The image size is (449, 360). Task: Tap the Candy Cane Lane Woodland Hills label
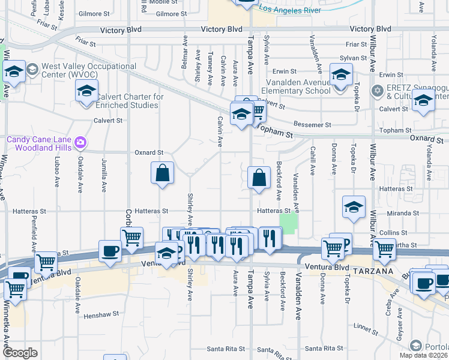click(x=38, y=143)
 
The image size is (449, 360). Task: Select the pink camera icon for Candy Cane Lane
click(x=80, y=143)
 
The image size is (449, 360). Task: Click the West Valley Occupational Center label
click(x=80, y=70)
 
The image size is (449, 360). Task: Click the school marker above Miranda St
click(x=354, y=207)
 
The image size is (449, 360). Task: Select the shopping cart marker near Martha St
click(x=385, y=248)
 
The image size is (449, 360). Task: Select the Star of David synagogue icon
click(x=377, y=91)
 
